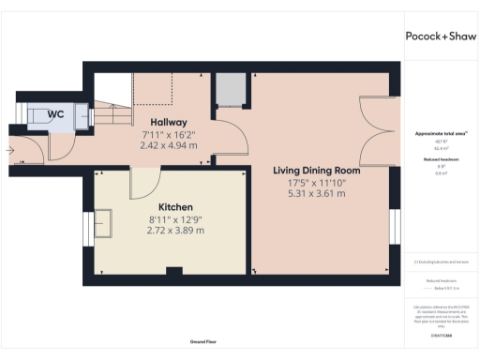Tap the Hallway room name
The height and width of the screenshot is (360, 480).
click(x=169, y=123)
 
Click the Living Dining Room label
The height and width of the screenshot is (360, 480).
click(x=317, y=171)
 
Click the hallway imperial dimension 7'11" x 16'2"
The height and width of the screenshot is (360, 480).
click(x=169, y=135)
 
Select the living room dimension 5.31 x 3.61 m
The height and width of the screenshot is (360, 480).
click(x=317, y=194)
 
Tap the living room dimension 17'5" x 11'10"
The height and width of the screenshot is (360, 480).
click(x=317, y=183)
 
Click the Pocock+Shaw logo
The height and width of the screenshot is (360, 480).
click(x=441, y=37)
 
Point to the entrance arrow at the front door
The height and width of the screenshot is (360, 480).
click(x=10, y=148)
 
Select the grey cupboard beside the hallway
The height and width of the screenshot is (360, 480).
click(x=229, y=91)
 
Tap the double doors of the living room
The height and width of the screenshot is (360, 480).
click(x=375, y=131)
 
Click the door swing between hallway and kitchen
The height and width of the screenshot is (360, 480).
click(x=147, y=180)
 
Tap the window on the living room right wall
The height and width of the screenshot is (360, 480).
click(x=394, y=228)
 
